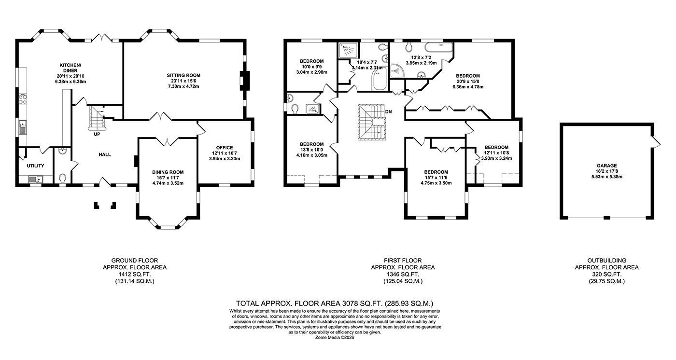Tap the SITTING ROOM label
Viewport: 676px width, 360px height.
pos(183,75)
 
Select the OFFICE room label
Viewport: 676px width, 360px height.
pos(225,148)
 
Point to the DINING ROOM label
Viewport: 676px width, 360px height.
pos(168,172)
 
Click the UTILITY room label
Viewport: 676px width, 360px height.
pos(35,166)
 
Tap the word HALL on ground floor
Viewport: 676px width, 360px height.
pos(105,155)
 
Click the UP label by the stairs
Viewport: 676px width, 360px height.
pos(97,134)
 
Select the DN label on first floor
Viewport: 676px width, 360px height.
pos(389,112)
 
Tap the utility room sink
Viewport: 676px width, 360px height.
pos(35,180)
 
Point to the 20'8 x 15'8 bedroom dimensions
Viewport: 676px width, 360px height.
pos(468,82)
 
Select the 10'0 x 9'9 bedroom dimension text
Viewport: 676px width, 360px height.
pos(311,67)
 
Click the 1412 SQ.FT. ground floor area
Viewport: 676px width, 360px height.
pos(134,274)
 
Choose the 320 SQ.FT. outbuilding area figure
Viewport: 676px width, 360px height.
pos(606,274)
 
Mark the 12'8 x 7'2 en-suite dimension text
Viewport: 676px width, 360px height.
pos(421,57)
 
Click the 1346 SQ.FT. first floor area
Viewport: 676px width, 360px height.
pos(402,274)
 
